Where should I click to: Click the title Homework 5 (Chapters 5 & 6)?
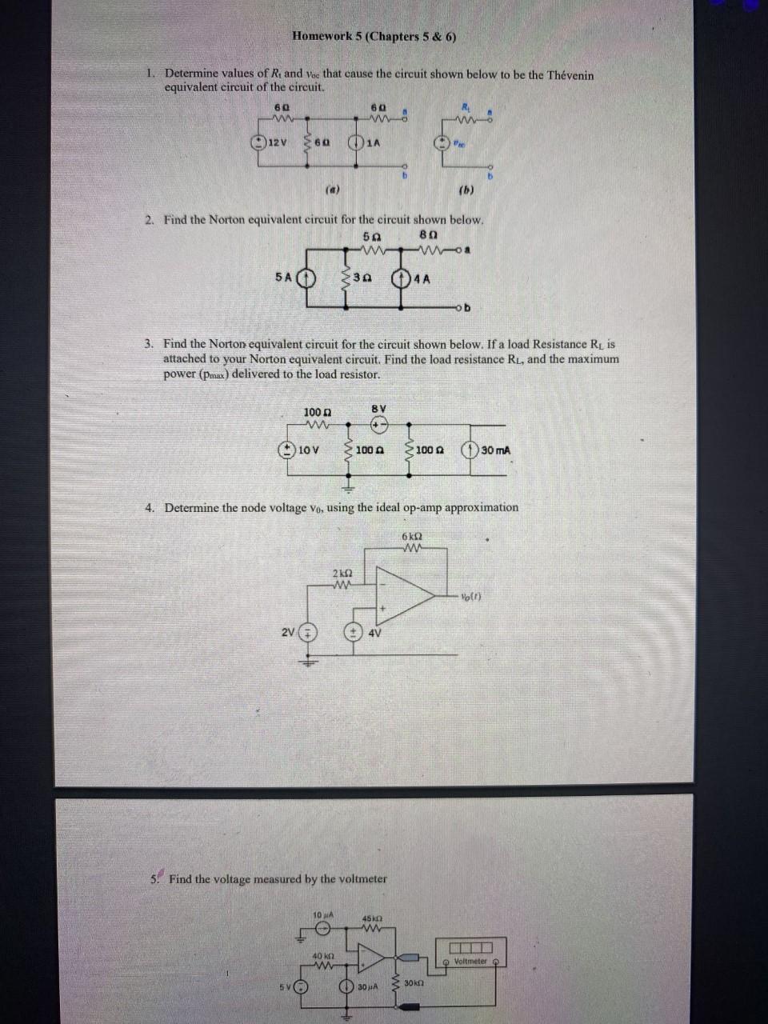click(x=374, y=36)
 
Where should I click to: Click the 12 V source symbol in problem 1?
click(x=258, y=142)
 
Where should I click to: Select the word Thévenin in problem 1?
click(x=570, y=74)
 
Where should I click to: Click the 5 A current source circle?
click(x=306, y=279)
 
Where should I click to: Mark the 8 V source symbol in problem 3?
click(x=379, y=425)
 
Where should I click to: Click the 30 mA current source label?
click(x=496, y=450)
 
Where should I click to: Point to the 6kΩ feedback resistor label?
click(x=412, y=536)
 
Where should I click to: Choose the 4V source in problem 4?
click(x=351, y=632)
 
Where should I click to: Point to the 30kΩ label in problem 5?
click(x=413, y=982)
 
